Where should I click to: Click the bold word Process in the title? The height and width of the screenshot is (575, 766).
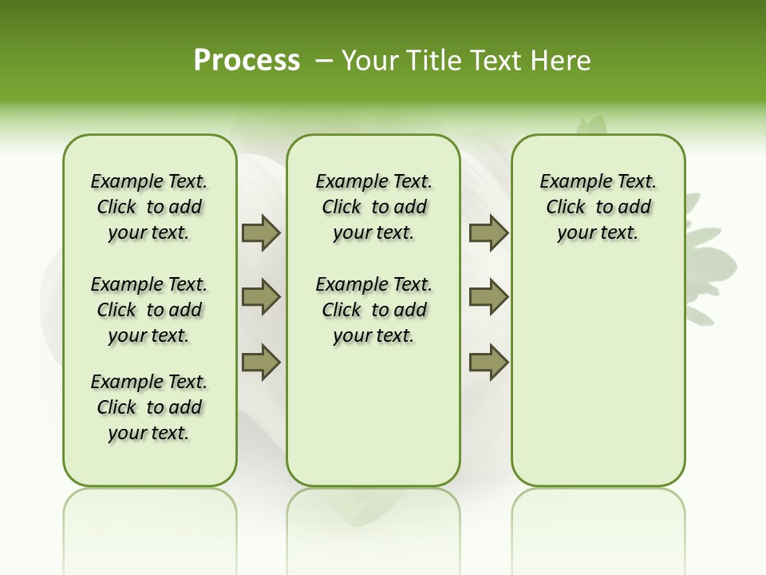(x=247, y=60)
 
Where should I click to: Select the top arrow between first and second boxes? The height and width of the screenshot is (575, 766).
(x=261, y=233)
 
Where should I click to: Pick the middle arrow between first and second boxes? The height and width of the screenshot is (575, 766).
(x=261, y=297)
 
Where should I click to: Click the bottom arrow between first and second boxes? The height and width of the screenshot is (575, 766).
(x=261, y=362)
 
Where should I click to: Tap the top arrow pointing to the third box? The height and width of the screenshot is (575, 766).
(x=488, y=233)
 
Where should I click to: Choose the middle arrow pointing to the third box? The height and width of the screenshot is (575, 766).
(x=488, y=297)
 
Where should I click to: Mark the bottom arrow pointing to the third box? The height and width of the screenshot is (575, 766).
(x=488, y=362)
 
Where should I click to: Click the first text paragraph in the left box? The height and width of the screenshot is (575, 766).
(x=149, y=207)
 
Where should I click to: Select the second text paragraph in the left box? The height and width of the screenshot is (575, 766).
(x=149, y=310)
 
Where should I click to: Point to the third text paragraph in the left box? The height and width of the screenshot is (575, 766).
(x=149, y=407)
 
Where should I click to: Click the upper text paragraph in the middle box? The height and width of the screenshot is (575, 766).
(x=373, y=207)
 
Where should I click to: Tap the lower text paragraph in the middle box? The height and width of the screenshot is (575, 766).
(x=373, y=310)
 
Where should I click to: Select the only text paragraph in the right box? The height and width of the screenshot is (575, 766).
(x=598, y=207)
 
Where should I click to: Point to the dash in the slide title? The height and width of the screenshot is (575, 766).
(x=324, y=61)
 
